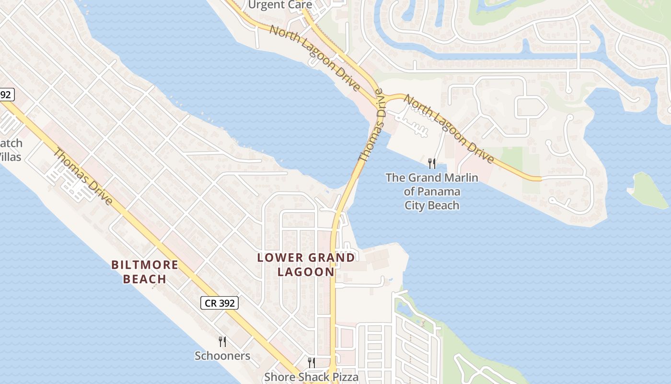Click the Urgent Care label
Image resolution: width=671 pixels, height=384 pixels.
coord(280,5)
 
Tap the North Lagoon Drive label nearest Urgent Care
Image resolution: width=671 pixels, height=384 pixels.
coord(314,58)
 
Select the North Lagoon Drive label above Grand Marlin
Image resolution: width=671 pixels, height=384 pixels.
coord(449,128)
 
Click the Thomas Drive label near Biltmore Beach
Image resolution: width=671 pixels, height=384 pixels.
coord(83,177)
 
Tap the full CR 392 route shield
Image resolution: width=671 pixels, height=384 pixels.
coord(219,303)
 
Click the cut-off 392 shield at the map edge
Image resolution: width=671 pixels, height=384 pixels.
coord(6,95)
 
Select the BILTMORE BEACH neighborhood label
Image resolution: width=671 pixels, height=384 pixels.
coord(145,272)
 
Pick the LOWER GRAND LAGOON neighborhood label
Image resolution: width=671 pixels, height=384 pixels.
coord(306,264)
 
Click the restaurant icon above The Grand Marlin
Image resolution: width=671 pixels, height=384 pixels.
coord(432,164)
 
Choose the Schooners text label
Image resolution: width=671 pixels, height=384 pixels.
coord(222,356)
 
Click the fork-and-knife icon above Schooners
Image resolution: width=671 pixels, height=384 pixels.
coord(222,341)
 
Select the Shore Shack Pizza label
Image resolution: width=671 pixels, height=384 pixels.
coord(311,377)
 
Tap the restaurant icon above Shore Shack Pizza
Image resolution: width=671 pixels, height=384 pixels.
coord(311,362)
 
